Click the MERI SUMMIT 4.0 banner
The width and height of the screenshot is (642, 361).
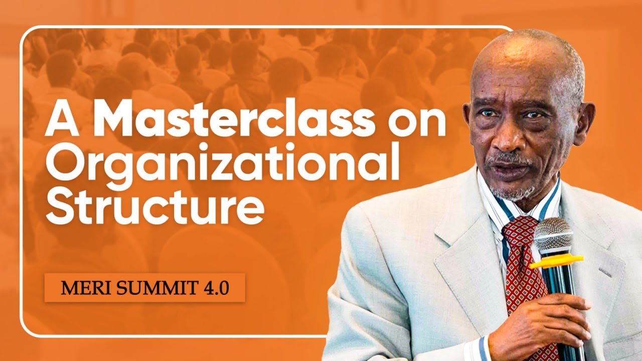pyautogui.click(x=145, y=288)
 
